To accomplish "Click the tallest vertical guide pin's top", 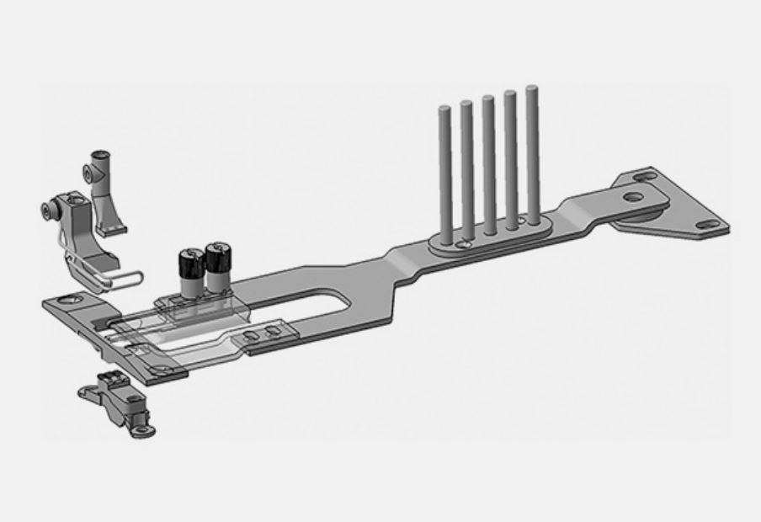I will click(x=531, y=88).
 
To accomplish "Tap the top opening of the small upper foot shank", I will click(x=100, y=153).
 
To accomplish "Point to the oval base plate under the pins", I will click(x=488, y=233).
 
